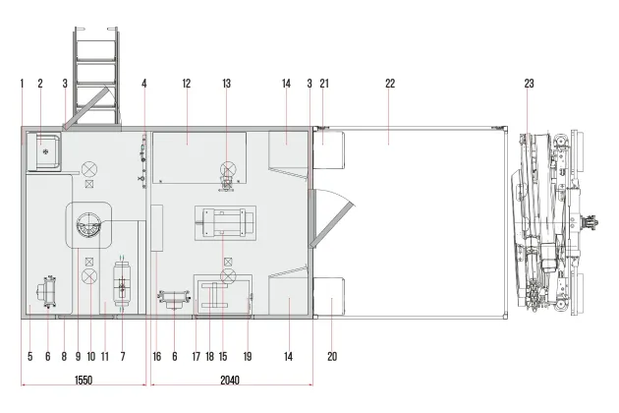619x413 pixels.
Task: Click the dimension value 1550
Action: tap(84, 381)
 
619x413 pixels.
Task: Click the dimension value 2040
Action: tap(230, 381)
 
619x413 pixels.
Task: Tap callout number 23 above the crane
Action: tap(529, 84)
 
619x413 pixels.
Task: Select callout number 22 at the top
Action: tap(390, 84)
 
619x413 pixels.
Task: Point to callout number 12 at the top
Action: tap(187, 84)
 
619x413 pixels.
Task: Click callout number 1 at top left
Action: tap(22, 84)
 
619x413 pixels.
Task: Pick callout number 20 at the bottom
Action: tap(332, 357)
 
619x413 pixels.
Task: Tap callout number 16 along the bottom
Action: tap(157, 357)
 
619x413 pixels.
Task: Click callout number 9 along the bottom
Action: tap(79, 357)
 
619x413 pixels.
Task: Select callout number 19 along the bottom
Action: tap(248, 357)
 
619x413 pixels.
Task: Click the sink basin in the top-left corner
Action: tap(46, 151)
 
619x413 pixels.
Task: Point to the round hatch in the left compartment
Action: tap(88, 225)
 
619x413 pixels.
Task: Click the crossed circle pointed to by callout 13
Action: tap(228, 169)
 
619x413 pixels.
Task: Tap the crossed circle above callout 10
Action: tap(89, 276)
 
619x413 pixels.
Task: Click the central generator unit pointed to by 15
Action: tap(225, 223)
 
